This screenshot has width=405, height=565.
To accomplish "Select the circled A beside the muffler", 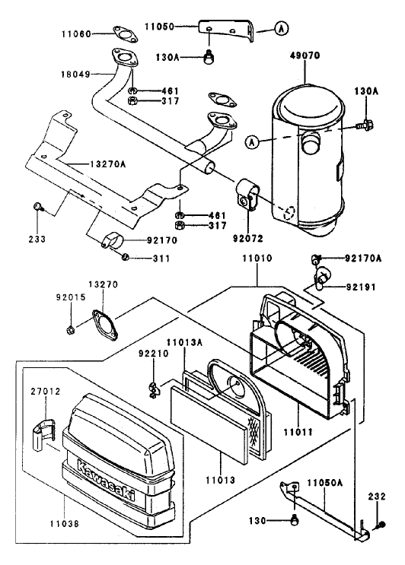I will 253,141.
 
